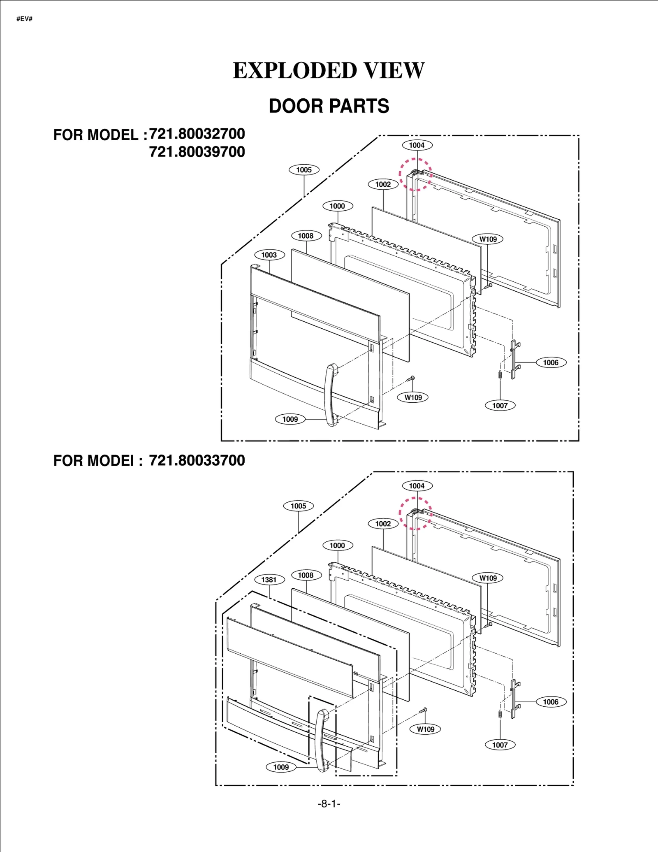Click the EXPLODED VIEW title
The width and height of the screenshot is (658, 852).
tap(329, 70)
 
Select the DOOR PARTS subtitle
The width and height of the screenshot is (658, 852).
tap(329, 106)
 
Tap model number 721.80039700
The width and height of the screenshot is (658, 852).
tap(197, 152)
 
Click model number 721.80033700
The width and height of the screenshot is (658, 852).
tap(197, 460)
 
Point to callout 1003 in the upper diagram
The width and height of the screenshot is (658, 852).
tap(269, 255)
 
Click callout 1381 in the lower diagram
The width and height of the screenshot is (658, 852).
tap(269, 580)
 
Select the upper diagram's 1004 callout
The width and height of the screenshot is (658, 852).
tap(417, 145)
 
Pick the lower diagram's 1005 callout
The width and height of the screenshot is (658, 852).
tap(298, 506)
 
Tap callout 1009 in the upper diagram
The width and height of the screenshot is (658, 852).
tap(290, 419)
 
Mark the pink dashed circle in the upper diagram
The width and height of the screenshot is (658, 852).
tap(416, 174)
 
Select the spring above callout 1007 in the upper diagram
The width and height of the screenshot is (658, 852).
tap(500, 375)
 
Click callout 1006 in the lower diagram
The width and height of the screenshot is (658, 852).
tap(551, 702)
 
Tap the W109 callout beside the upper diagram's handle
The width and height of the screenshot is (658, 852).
tap(413, 397)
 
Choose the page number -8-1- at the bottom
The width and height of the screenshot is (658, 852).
tap(329, 804)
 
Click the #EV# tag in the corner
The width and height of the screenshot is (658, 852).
tap(24, 19)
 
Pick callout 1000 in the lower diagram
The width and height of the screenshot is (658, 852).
tap(337, 546)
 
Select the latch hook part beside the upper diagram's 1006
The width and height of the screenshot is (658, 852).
tap(514, 360)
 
